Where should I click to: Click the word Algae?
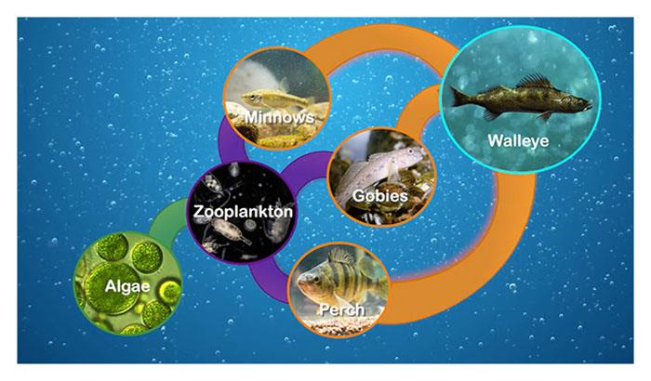127,286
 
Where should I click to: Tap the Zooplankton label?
243,212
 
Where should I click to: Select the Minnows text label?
279,117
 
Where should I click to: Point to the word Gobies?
379,195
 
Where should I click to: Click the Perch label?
341,309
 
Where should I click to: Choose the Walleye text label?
518,140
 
